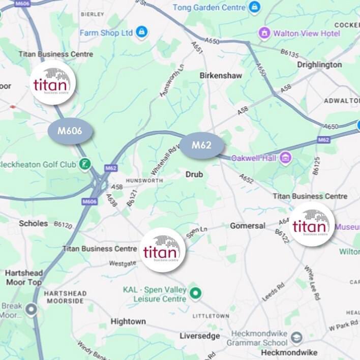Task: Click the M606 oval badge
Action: [x=70, y=131]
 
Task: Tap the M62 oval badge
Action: [x=201, y=145]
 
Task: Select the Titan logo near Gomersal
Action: [x=312, y=224]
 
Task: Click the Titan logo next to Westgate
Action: [x=162, y=250]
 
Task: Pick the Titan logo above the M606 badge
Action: [x=53, y=82]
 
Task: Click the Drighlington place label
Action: [x=319, y=65]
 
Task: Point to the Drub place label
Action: [x=194, y=174]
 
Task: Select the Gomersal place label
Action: [x=248, y=225]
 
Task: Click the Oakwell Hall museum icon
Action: [x=285, y=158]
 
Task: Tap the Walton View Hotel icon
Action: [x=264, y=33]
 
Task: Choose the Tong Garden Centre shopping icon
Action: [x=254, y=7]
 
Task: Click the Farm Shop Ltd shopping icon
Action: [x=141, y=33]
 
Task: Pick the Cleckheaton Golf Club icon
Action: [x=85, y=164]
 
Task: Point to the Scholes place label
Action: [x=33, y=223]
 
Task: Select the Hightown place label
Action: [x=128, y=321]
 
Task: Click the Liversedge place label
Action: [x=200, y=336]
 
